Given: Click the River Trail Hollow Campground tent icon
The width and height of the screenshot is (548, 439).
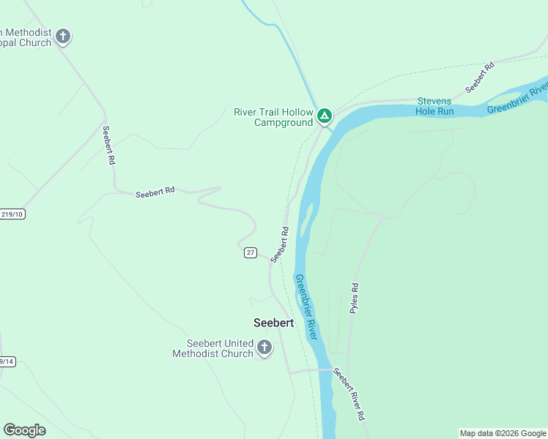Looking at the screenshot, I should [x=324, y=116].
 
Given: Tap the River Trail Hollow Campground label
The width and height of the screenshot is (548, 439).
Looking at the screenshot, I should [x=273, y=117].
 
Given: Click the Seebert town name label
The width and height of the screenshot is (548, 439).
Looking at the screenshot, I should [x=273, y=322].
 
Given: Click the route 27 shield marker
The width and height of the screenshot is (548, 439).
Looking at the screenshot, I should [x=251, y=252].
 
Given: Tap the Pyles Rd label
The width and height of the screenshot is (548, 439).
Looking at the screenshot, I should [x=355, y=299].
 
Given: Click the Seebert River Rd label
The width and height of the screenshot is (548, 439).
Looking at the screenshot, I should [x=349, y=394].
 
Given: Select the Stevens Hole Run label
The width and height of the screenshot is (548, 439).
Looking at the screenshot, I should [x=435, y=106].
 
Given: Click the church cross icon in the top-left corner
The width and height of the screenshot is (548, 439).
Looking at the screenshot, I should [x=63, y=36].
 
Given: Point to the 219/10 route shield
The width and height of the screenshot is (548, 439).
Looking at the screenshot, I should [x=12, y=214].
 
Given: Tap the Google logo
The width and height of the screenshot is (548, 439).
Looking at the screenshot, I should [x=24, y=430].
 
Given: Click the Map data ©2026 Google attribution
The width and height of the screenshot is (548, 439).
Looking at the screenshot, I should [x=503, y=433].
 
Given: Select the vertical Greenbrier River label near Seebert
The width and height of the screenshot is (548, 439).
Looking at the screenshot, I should [x=306, y=306].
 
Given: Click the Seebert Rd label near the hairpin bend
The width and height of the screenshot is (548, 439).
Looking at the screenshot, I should [x=155, y=192].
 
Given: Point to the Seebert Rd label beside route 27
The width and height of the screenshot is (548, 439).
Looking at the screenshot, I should [x=280, y=244].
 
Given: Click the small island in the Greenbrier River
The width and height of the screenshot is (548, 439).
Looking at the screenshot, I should [x=306, y=220].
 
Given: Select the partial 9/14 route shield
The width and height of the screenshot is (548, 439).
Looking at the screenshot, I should [x=7, y=361].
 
